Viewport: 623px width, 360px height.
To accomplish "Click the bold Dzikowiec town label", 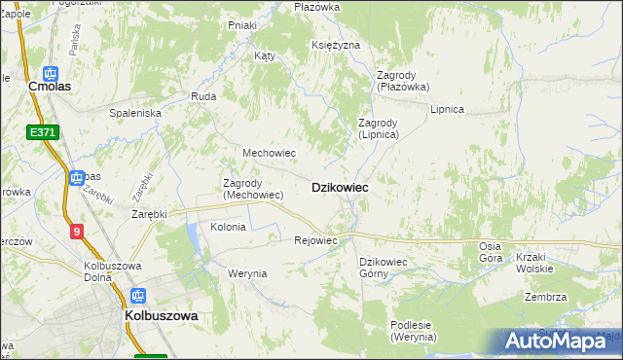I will [339, 188].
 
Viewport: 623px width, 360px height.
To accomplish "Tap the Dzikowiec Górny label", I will [387, 268].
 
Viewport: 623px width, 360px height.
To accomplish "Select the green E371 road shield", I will [43, 132].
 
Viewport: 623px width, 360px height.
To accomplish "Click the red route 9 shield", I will [76, 231].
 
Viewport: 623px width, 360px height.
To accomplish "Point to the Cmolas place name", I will [53, 87].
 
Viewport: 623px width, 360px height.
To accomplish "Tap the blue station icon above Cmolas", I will [52, 71].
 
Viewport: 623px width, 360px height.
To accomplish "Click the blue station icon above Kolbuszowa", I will [139, 296].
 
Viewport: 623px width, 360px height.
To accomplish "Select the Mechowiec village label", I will [269, 154].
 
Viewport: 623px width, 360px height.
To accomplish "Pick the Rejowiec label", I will [315, 240].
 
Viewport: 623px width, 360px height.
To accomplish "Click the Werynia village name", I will [247, 273].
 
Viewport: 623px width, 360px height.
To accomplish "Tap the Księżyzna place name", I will [337, 45].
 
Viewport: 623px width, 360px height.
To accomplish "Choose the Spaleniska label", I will [135, 113].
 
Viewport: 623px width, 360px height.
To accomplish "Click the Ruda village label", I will [203, 96].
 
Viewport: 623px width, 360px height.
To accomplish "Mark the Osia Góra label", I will [490, 253].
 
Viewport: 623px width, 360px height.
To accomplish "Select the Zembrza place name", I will [545, 297].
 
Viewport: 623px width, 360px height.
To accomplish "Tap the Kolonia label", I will [228, 227].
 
